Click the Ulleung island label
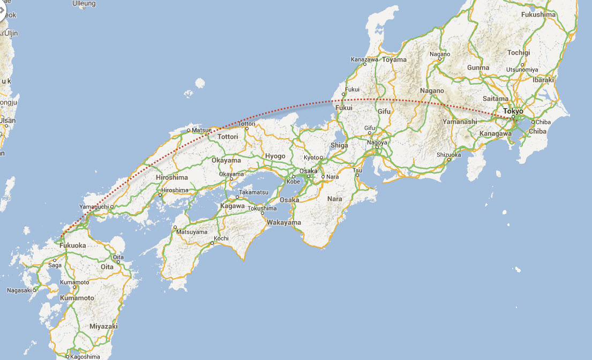tap(84, 4)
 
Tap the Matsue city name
tap(202, 130)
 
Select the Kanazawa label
tap(364, 59)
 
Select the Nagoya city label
tap(378, 142)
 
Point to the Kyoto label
tap(311, 157)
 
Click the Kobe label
tap(293, 181)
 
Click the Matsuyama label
tap(192, 232)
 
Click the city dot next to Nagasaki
tap(35, 290)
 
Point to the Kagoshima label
tap(85, 356)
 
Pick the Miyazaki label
tap(103, 326)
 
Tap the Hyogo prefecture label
tap(276, 156)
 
